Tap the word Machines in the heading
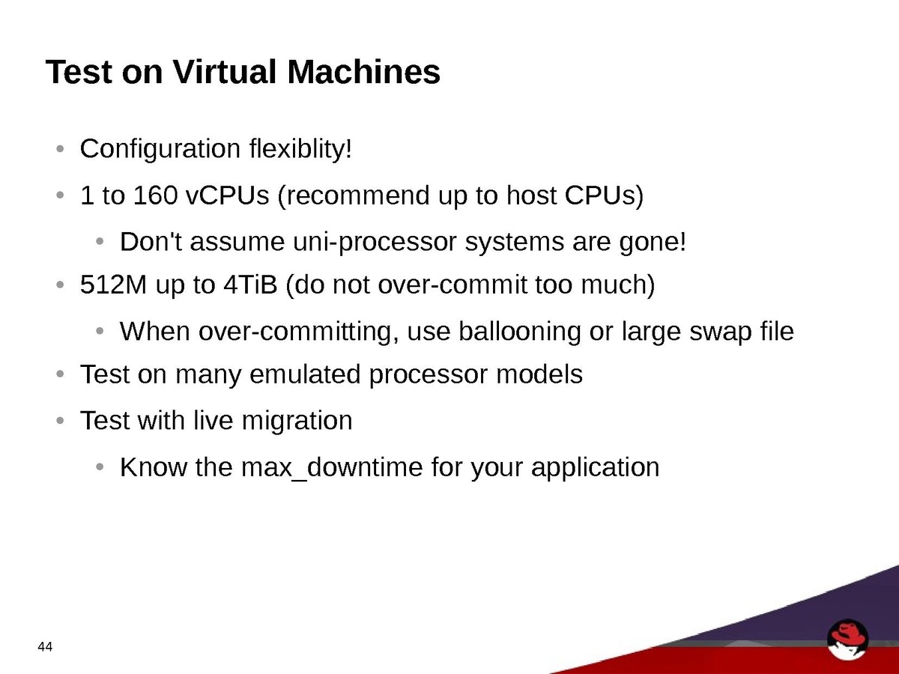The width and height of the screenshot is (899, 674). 363,72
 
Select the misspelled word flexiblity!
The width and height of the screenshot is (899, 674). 300,148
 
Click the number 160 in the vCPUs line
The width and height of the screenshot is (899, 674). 155,195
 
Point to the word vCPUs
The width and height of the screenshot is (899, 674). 227,195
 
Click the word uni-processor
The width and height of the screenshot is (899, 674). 375,242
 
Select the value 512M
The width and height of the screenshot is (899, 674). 113,285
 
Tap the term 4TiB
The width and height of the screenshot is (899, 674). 250,285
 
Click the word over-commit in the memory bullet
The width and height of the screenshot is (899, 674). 452,285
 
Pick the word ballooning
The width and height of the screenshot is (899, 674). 519,332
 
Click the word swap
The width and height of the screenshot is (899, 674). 721,333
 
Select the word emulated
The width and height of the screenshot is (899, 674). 305,374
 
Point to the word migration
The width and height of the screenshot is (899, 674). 297,421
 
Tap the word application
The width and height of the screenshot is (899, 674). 595,468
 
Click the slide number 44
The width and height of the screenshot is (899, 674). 45,646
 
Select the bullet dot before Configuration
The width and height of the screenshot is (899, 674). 60,148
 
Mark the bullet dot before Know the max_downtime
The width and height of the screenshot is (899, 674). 100,467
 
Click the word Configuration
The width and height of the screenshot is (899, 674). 160,149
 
